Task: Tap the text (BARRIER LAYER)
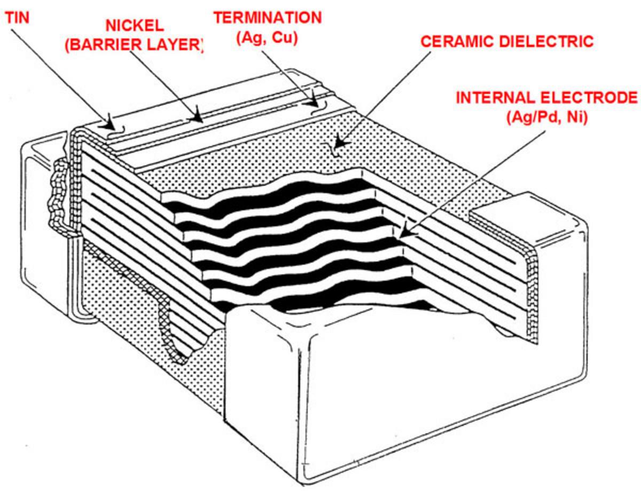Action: pos(134,45)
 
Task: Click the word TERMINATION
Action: pos(268,18)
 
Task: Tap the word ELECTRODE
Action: pos(592,98)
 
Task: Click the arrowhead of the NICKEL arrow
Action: pos(199,117)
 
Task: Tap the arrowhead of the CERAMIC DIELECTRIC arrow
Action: pos(336,146)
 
